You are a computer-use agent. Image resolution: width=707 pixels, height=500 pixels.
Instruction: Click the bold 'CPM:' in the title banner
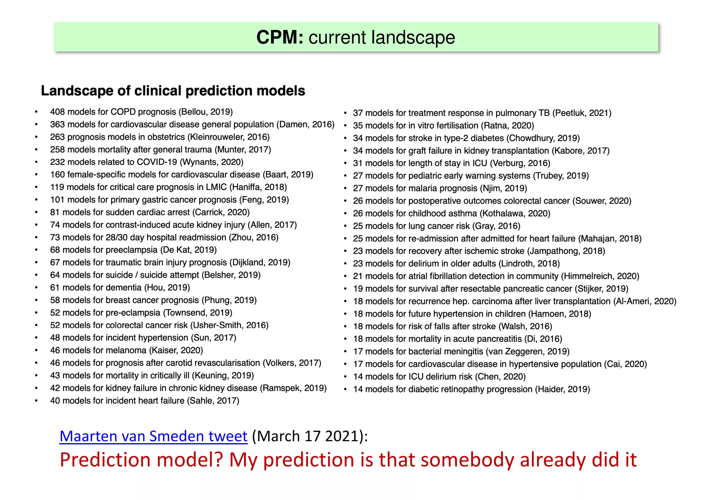pyautogui.click(x=280, y=37)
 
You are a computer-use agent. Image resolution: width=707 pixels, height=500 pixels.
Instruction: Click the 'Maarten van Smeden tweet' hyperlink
pyautogui.click(x=153, y=436)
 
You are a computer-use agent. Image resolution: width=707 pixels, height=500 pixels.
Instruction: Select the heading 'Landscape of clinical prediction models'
pyautogui.click(x=173, y=91)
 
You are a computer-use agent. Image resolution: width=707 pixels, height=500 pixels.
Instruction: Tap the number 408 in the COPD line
pyautogui.click(x=57, y=112)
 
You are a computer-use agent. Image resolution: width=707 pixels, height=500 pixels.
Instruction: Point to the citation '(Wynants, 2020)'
pyautogui.click(x=212, y=162)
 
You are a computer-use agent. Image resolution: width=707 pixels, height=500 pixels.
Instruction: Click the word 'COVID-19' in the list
pyautogui.click(x=157, y=162)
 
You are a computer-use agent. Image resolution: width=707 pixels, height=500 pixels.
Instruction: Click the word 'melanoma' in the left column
pyautogui.click(x=127, y=350)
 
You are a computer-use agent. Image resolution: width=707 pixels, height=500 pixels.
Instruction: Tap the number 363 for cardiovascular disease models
pyautogui.click(x=57, y=124)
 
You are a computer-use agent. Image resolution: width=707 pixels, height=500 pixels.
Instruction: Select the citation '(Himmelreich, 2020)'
pyautogui.click(x=600, y=276)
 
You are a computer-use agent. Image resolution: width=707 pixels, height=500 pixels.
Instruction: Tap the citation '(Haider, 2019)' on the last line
pyautogui.click(x=562, y=389)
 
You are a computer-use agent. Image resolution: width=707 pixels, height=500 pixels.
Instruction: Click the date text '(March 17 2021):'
pyautogui.click(x=310, y=436)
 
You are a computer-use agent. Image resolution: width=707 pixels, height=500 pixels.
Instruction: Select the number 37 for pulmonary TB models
pyautogui.click(x=358, y=113)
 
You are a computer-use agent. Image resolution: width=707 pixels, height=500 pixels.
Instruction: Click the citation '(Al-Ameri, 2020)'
pyautogui.click(x=645, y=301)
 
